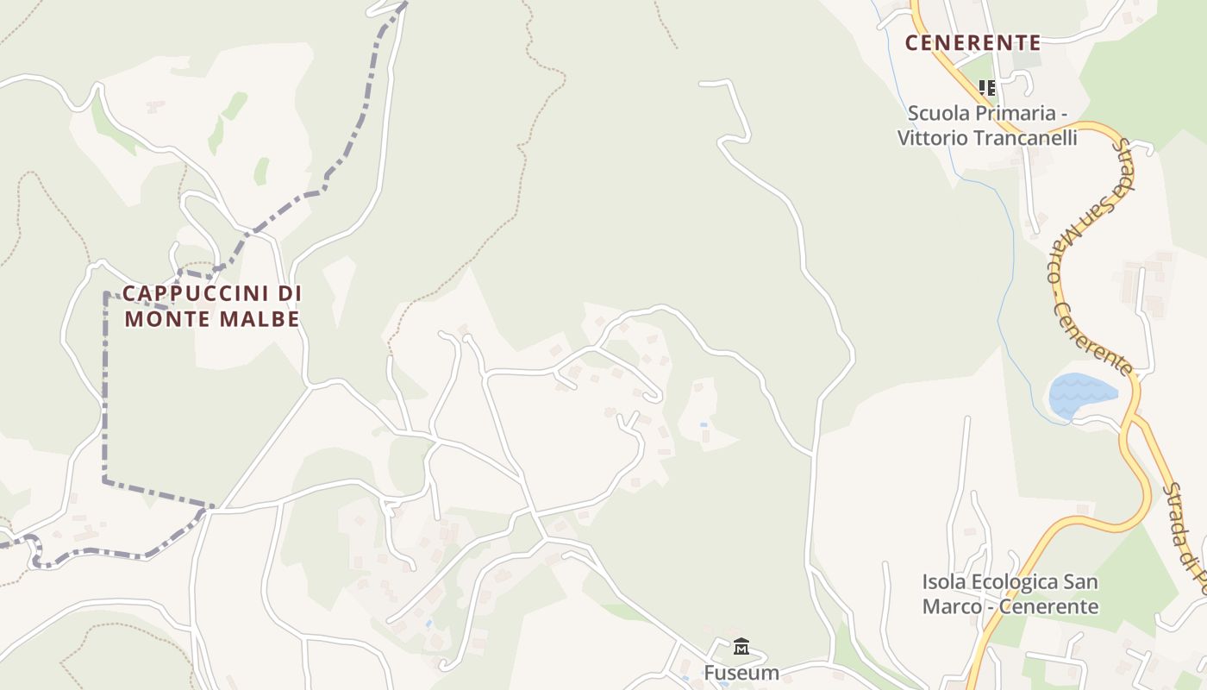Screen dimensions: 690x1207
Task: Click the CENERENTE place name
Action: [972, 42]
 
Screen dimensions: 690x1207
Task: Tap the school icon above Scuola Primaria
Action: [987, 87]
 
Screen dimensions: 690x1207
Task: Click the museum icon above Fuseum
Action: [741, 647]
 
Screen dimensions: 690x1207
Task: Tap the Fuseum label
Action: [741, 673]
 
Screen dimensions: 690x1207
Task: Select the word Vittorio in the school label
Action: [929, 138]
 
